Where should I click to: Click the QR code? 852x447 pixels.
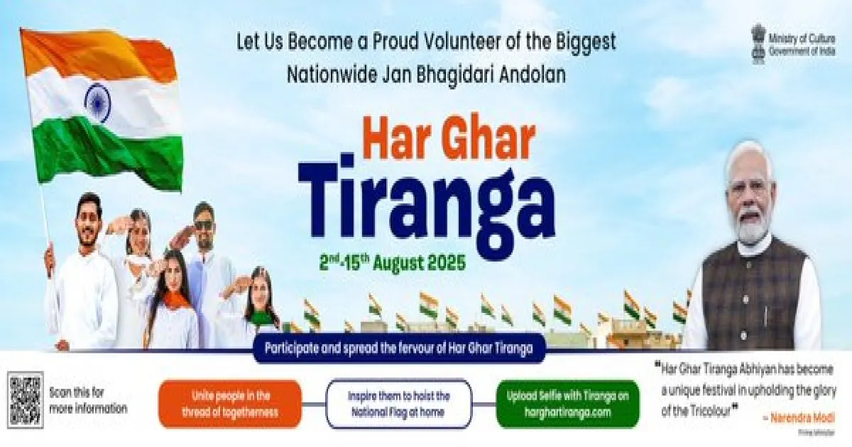tap(26, 400)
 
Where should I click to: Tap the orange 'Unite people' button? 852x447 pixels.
tap(230, 403)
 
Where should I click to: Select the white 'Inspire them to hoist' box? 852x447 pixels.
tap(398, 403)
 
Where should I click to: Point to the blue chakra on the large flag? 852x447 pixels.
tap(97, 102)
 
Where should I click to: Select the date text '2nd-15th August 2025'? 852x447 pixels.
tap(393, 263)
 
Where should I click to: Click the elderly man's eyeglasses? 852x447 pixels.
tap(750, 189)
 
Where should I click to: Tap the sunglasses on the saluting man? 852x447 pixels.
tap(203, 226)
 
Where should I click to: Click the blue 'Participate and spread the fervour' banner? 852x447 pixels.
tap(398, 349)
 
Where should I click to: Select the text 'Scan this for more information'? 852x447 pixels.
tap(88, 400)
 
